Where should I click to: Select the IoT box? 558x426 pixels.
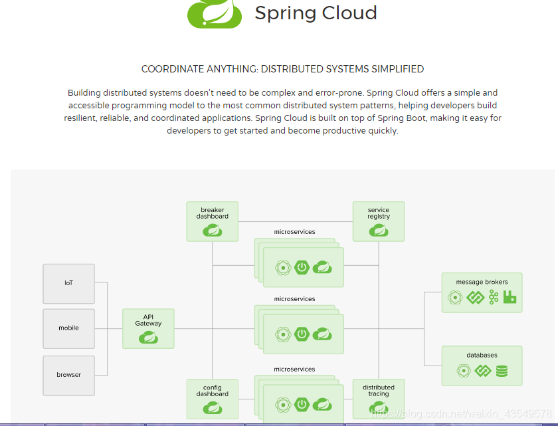pos(69,284)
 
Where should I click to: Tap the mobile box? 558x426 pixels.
pos(69,328)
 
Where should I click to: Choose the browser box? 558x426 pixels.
pos(69,374)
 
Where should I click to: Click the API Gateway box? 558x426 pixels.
pos(148,328)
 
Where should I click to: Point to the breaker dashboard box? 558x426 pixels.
pos(213,221)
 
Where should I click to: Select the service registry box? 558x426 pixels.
pos(379,221)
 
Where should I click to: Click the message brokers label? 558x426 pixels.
pos(482,282)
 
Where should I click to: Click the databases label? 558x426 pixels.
pos(482,355)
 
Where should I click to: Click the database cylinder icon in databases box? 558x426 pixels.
pos(502,371)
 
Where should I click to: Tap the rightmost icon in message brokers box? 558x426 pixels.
pos(510,298)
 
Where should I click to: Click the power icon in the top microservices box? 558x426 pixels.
pos(303,268)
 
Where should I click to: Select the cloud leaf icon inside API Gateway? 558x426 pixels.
pos(148,338)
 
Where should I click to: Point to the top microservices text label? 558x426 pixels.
pos(294,232)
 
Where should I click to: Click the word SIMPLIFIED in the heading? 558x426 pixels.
pos(397,69)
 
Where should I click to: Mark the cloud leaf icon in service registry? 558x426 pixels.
pos(379,230)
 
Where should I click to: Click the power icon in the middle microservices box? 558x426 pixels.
pos(303,334)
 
